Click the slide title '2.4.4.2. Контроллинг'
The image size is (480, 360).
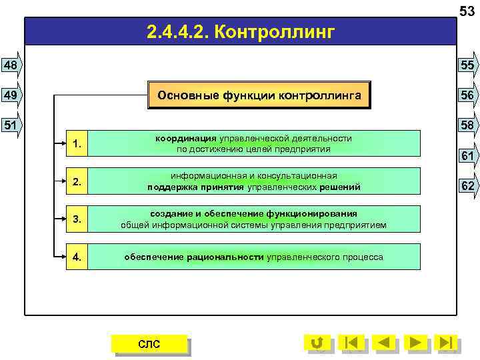[239, 31]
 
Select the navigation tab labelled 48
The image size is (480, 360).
[11, 65]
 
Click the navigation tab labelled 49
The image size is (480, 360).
[11, 95]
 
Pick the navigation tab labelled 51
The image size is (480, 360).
[11, 125]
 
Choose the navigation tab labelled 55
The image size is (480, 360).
[467, 65]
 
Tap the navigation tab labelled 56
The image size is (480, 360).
[467, 95]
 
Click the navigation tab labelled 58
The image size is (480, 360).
[467, 125]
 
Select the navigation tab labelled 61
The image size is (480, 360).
[467, 155]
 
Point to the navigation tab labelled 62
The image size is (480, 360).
[467, 185]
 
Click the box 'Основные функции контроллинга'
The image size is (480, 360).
[259, 95]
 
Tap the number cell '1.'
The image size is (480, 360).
[77, 143]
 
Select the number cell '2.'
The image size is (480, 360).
[77, 181]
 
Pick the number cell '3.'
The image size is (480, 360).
[77, 219]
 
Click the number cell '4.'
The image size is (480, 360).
[77, 257]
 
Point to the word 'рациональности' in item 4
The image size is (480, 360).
[225, 257]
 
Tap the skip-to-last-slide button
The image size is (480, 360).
[447, 343]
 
